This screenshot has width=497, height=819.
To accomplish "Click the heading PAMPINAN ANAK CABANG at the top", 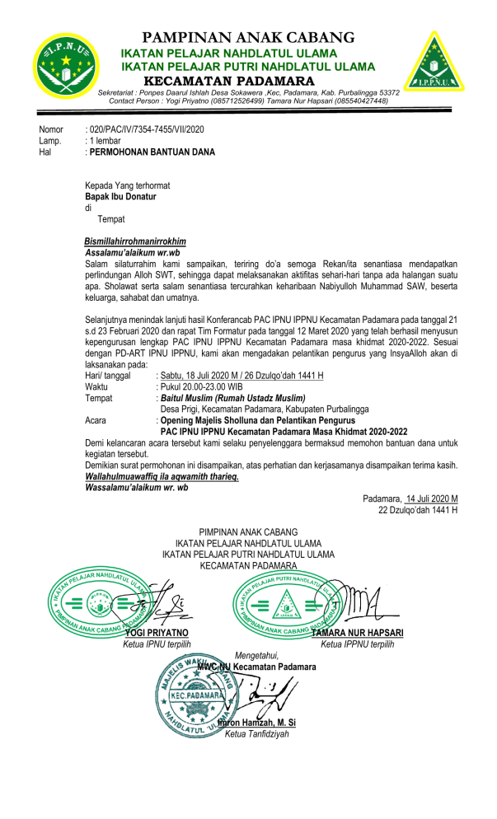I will [248, 37].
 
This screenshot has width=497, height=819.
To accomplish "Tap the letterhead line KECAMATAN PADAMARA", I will [229, 81].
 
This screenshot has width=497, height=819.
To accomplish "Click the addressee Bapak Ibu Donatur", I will [120, 197].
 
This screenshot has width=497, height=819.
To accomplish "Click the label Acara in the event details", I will [98, 419].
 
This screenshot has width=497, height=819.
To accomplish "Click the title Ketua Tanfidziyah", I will [257, 734].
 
